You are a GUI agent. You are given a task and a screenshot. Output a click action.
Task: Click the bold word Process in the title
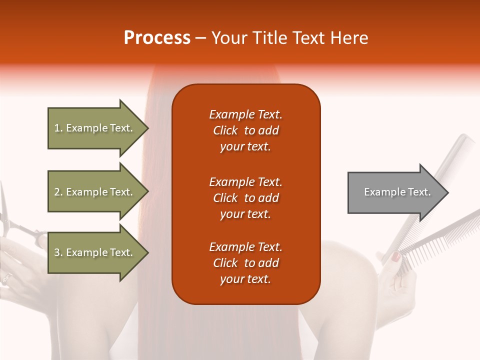[157, 38]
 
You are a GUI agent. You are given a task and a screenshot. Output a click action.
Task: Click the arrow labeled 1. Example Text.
[94, 128]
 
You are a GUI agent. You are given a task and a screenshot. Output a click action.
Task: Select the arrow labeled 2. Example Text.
[94, 192]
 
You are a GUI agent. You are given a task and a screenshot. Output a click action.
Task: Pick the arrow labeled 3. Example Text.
[94, 252]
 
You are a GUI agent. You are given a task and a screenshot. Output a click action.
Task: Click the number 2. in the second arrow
[58, 192]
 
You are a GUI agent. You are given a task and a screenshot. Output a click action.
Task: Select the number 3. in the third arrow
[58, 252]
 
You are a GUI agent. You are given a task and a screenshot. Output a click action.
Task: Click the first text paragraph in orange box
[245, 130]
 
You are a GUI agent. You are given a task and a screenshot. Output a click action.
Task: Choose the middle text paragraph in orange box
[245, 198]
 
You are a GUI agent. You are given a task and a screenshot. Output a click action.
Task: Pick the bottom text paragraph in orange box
[245, 263]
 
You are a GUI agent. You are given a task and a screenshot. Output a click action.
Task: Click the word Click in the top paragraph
[225, 130]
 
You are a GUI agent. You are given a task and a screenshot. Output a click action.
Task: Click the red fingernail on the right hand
[395, 257]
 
